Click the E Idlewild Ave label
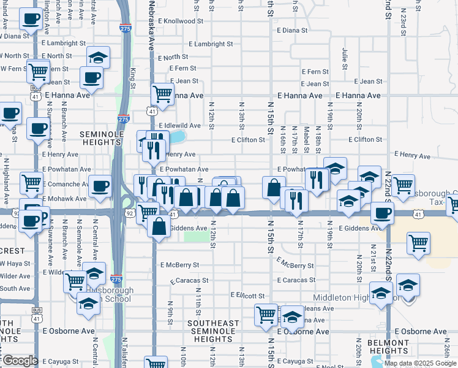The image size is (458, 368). tap(181, 126)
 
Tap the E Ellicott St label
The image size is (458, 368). tap(245, 295)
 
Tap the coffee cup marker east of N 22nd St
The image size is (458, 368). tap(384, 213)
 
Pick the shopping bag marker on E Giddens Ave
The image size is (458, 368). tap(159, 226)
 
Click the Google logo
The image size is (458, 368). tap(20, 361)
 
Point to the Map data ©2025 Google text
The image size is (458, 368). tap(420, 363)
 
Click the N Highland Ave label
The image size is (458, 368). tap(7, 181)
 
